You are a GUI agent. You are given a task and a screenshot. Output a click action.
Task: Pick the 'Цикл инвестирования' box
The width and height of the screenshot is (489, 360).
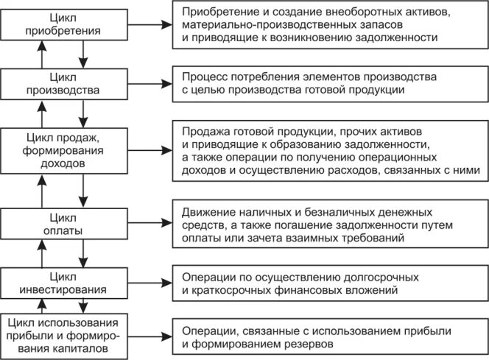[x=62, y=281]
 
